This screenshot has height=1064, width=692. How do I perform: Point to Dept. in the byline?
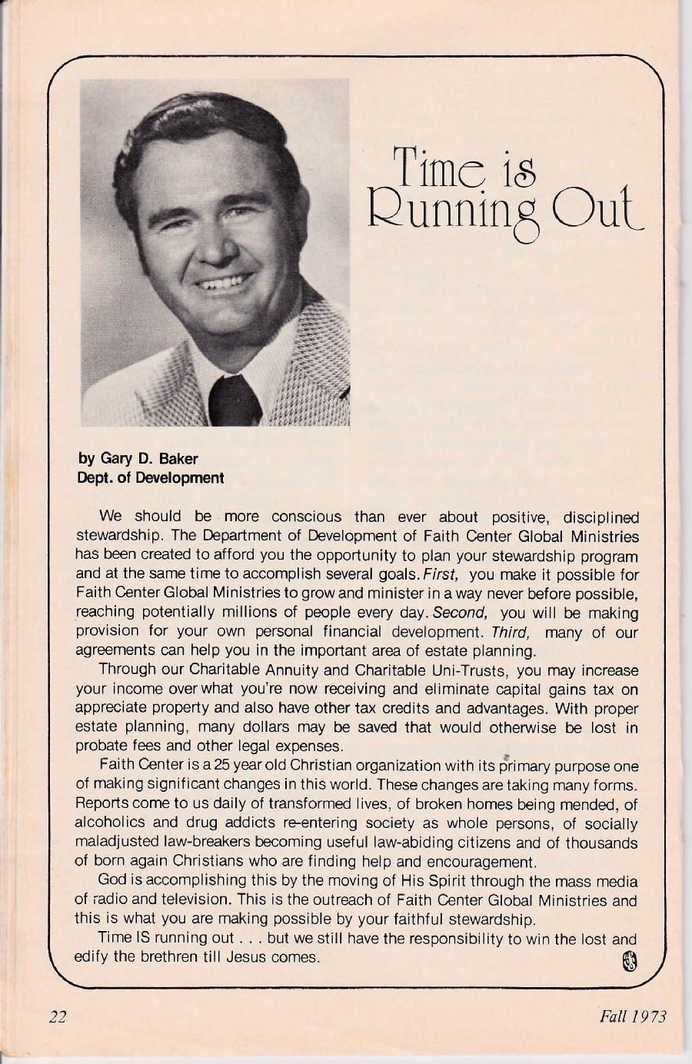pyautogui.click(x=94, y=478)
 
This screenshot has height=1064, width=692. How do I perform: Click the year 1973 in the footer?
pyautogui.click(x=649, y=1016)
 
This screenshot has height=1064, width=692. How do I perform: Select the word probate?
pyautogui.click(x=98, y=746)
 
